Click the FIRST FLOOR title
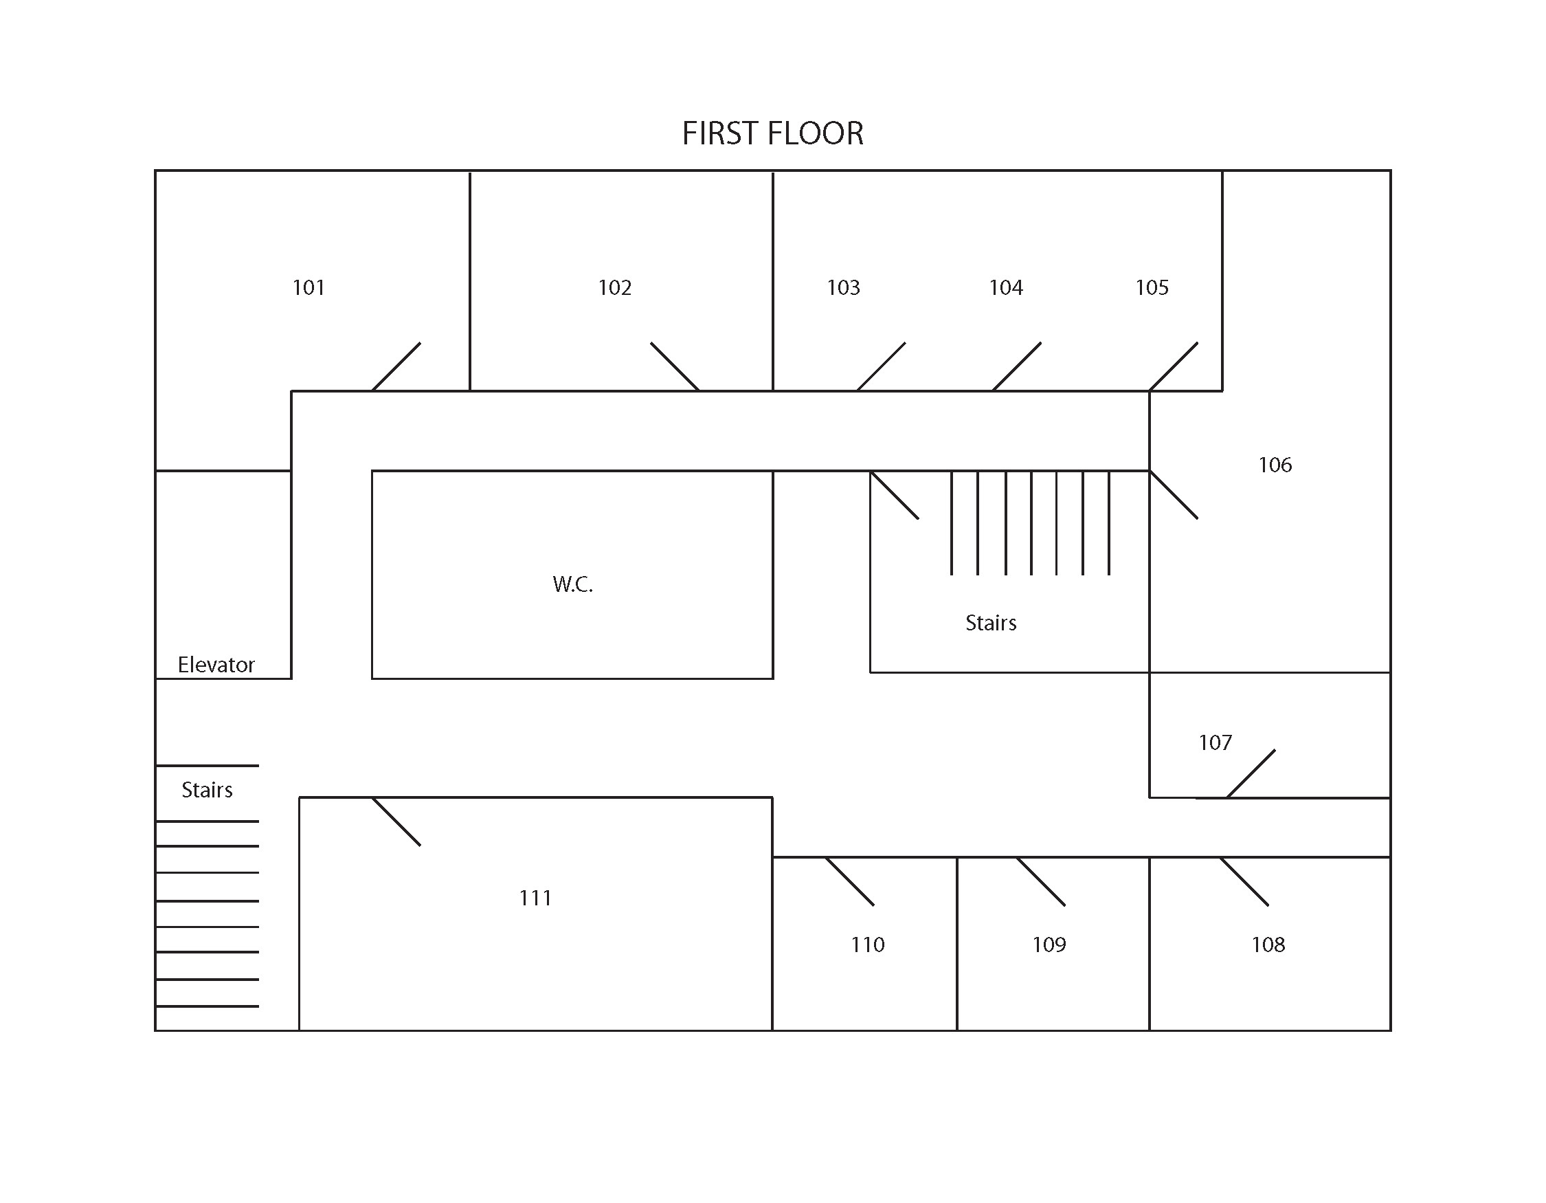(772, 133)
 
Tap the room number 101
(309, 287)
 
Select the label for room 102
(614, 287)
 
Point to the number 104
(1005, 287)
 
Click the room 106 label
(1275, 465)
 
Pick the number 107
(1215, 742)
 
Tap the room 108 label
(1268, 945)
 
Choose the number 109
(1049, 945)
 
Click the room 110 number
(867, 945)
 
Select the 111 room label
(535, 898)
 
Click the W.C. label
(572, 584)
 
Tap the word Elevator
(216, 665)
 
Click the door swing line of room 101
(396, 367)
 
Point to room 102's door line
(675, 367)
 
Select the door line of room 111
(396, 821)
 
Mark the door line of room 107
(1251, 774)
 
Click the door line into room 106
(1174, 495)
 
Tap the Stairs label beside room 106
(991, 623)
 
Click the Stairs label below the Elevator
(207, 790)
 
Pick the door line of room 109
(1041, 881)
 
